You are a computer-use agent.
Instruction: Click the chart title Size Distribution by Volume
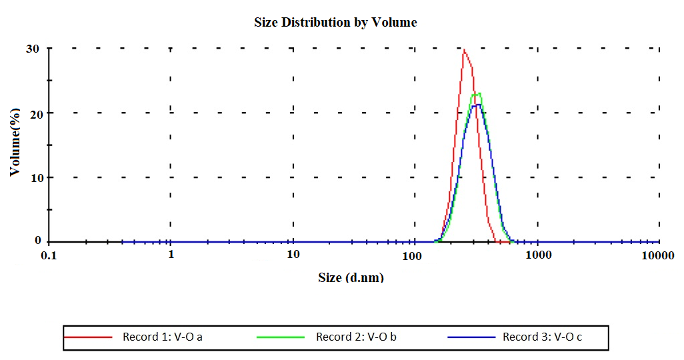[335, 22]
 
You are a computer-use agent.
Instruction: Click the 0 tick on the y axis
[38, 241]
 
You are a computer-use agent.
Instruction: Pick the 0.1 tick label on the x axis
[49, 255]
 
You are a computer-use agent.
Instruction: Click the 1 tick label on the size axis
[171, 255]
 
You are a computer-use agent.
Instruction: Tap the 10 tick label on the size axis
[293, 255]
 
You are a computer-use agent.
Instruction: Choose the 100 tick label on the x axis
[414, 255]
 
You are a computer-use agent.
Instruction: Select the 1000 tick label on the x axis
[538, 255]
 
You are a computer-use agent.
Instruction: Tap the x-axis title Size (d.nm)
[351, 277]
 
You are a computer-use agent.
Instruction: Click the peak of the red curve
[463, 50]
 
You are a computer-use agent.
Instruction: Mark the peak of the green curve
[478, 93]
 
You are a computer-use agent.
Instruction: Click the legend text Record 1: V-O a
[163, 337]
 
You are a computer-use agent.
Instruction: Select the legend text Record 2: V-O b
[356, 337]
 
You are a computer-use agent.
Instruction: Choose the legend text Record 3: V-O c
[542, 337]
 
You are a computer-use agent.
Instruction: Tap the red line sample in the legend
[89, 337]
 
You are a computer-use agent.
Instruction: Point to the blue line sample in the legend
[471, 337]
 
